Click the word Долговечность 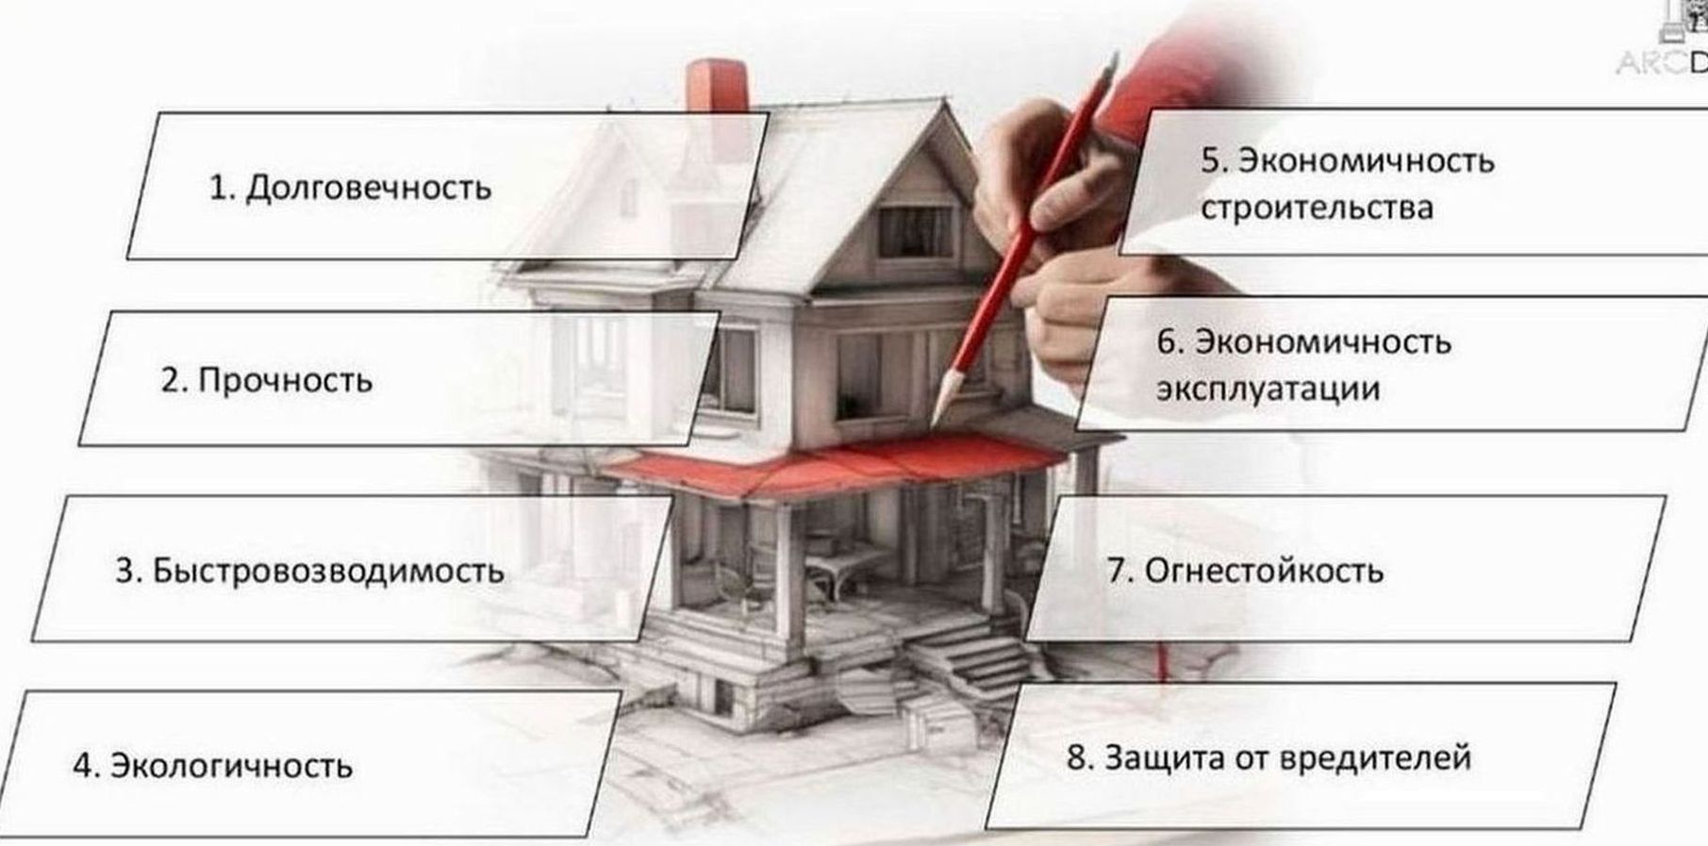coord(368,189)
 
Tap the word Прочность coord(285,381)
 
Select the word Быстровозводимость coord(327,572)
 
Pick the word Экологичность coord(231,766)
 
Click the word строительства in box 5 coord(1317,208)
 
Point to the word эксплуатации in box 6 coord(1268,389)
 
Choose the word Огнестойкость coord(1264,572)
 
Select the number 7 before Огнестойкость coord(1118,572)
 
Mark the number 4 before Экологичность coord(84,766)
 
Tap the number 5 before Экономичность coord(1212,160)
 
